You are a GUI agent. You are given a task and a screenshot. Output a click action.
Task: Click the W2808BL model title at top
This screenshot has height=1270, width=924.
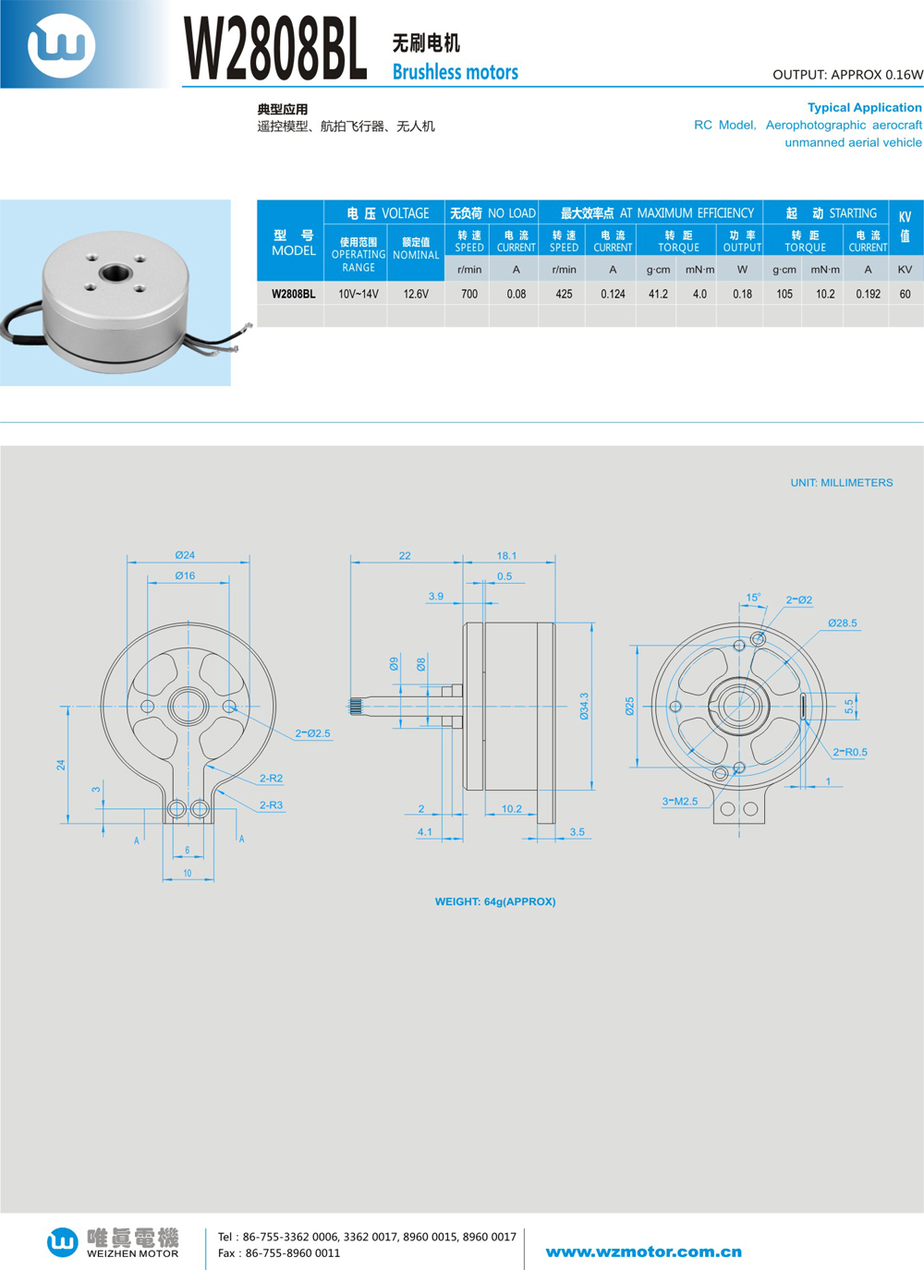click(275, 48)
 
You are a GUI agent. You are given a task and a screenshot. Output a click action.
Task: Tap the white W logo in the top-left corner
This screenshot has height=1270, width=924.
click(61, 44)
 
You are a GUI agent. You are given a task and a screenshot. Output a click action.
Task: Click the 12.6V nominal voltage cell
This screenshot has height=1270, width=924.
click(416, 294)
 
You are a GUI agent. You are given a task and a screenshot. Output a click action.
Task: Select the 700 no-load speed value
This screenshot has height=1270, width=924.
click(469, 294)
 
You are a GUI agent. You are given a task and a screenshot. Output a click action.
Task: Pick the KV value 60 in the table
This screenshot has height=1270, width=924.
click(905, 294)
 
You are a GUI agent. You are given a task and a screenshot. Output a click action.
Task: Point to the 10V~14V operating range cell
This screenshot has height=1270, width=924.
click(359, 294)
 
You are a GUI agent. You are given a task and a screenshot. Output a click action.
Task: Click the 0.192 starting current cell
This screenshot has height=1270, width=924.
click(868, 294)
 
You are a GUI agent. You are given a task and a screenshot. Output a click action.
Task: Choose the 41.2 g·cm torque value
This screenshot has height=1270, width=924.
click(658, 294)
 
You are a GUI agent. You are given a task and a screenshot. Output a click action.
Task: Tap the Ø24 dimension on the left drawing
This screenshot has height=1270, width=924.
click(185, 555)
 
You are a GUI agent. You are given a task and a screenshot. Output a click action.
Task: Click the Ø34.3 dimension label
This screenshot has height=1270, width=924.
click(584, 707)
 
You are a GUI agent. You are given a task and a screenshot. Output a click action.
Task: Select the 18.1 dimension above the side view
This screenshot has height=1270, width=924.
click(506, 555)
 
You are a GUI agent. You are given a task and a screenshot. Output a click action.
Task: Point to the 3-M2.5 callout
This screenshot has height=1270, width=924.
click(680, 801)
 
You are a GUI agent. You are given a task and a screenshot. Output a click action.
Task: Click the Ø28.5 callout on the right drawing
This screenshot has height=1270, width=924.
click(842, 623)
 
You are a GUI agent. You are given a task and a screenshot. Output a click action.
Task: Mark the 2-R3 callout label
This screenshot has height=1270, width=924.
click(271, 805)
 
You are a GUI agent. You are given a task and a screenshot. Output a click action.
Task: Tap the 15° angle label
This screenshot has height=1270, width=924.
click(753, 598)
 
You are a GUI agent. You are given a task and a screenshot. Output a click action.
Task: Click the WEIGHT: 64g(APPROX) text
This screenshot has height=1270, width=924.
click(495, 901)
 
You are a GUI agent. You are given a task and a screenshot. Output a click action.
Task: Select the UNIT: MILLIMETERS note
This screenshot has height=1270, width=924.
click(841, 482)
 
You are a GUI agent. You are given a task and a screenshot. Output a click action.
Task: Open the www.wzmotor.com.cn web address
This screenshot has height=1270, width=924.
click(643, 1252)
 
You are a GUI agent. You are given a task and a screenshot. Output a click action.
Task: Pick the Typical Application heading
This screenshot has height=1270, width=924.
click(864, 107)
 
